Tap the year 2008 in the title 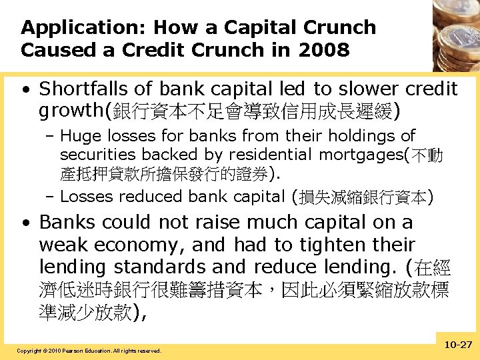tap(325, 50)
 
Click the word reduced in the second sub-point tap(153, 197)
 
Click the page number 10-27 tap(456, 345)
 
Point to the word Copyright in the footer tap(29, 351)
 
